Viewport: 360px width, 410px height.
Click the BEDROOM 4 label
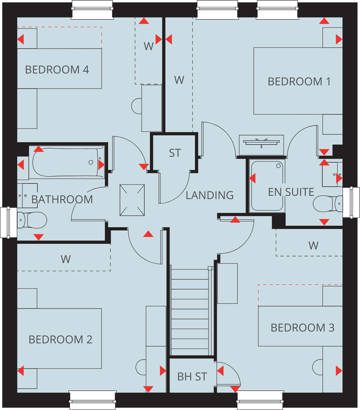(x=57, y=70)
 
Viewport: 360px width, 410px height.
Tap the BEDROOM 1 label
(x=299, y=81)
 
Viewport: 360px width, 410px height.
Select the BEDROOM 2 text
(x=60, y=339)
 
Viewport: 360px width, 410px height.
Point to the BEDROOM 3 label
(x=303, y=328)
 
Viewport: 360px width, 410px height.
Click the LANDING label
(x=209, y=195)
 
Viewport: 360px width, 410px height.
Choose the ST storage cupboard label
(x=175, y=153)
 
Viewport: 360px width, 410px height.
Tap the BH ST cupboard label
(x=192, y=377)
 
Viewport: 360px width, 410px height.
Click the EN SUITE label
(x=291, y=192)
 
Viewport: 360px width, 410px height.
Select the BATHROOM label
(x=62, y=199)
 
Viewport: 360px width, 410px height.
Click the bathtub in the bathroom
(x=66, y=162)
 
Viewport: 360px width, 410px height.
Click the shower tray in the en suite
(x=267, y=186)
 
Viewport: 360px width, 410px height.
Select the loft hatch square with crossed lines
(x=132, y=200)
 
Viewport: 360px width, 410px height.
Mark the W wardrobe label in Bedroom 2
(x=66, y=259)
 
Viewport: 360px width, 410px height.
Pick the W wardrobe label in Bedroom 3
(x=313, y=246)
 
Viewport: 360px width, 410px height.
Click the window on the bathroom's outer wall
(x=8, y=222)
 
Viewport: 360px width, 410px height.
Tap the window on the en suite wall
(x=351, y=203)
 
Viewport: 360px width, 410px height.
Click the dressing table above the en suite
(x=261, y=145)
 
